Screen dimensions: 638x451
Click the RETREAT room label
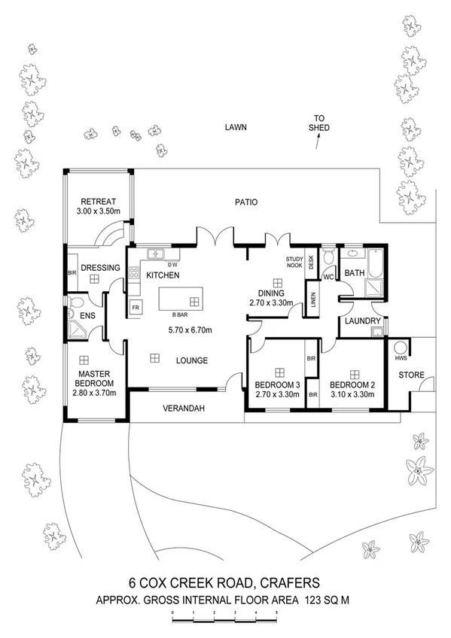pyautogui.click(x=98, y=202)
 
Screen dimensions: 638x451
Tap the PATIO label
pyautogui.click(x=245, y=202)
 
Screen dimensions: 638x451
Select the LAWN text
pyautogui.click(x=236, y=128)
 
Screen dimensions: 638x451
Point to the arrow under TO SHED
pyautogui.click(x=317, y=143)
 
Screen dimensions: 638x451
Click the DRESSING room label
pyautogui.click(x=96, y=266)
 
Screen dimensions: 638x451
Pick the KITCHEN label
pyautogui.click(x=163, y=275)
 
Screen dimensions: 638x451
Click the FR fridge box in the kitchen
pyautogui.click(x=136, y=308)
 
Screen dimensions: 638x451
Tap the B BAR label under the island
pyautogui.click(x=179, y=314)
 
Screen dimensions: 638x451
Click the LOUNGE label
pyautogui.click(x=192, y=360)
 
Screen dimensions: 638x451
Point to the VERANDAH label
pyautogui.click(x=183, y=409)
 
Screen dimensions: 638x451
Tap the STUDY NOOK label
pyautogui.click(x=294, y=263)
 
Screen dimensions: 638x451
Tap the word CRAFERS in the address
pyautogui.click(x=291, y=582)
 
